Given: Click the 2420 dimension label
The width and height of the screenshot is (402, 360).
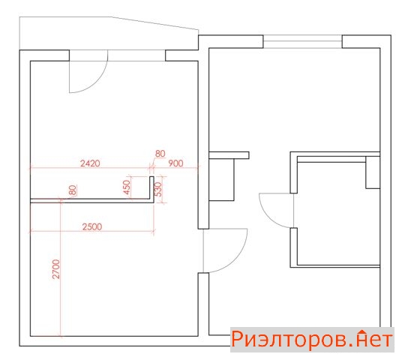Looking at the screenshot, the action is [90, 163].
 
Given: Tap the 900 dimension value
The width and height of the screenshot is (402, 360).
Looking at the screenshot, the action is [175, 163].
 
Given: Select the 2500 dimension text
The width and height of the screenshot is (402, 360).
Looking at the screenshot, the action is [92, 226].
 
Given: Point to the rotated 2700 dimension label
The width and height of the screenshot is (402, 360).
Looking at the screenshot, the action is [55, 269].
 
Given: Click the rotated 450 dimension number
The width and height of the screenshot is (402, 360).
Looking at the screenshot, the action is [127, 187].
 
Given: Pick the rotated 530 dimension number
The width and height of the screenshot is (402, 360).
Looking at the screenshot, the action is [159, 189].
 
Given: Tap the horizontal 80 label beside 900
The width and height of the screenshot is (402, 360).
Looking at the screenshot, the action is [160, 154].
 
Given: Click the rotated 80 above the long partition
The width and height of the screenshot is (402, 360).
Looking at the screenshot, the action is [73, 190].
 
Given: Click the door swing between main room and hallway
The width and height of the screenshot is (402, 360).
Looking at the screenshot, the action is [235, 259].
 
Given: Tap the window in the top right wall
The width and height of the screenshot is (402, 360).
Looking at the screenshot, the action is [303, 41].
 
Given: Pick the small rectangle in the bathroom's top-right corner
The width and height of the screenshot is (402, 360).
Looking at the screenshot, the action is [373, 172].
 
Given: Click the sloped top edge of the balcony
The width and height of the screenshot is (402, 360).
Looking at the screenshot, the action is [154, 23].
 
